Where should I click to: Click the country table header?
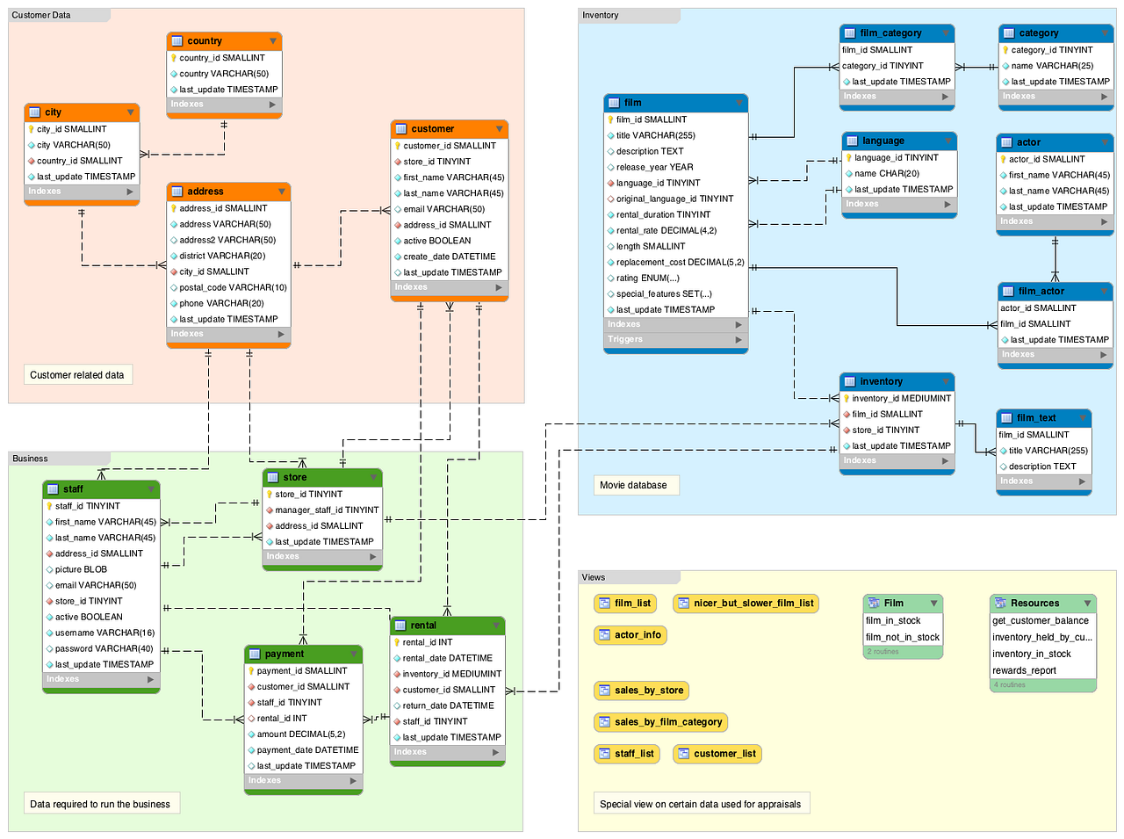224,41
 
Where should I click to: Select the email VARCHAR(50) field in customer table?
443,209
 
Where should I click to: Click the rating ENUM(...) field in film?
647,278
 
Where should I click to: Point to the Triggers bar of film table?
675,339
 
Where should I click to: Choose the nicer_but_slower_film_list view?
746,604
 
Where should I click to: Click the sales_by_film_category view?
660,722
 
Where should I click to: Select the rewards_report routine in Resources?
1024,670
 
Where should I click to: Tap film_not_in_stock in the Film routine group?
902,637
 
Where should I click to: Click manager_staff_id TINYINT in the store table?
322,510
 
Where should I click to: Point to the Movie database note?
636,485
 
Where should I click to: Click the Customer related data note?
78,375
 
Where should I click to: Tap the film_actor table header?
1055,292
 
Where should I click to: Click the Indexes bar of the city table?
82,192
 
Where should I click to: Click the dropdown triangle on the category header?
1105,33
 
